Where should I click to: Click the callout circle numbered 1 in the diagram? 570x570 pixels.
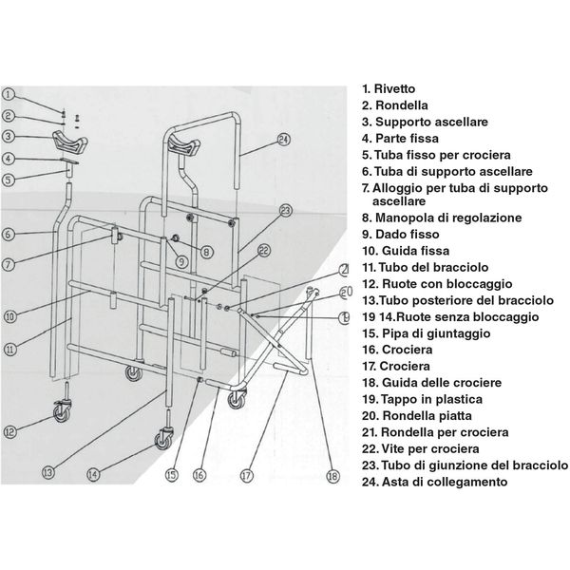coord(9,94)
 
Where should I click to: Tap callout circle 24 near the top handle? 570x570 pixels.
coord(282,140)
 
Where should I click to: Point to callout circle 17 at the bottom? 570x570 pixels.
coord(246,475)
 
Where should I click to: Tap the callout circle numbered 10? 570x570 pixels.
coord(9,316)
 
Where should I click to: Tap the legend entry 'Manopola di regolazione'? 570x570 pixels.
coord(441,218)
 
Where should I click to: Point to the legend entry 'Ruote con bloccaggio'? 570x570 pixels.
coord(436,283)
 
